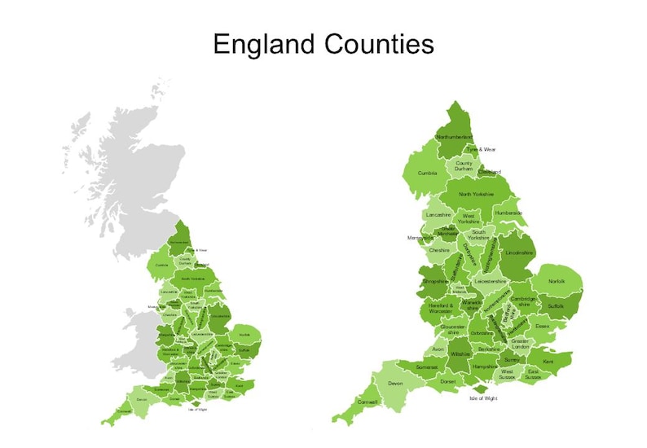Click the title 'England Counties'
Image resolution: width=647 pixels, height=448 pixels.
323,44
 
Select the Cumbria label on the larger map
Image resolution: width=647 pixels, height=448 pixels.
428,173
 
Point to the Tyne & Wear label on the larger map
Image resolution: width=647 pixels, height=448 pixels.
481,150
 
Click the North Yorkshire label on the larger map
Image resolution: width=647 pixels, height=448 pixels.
476,195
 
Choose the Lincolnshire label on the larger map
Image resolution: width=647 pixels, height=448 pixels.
519,253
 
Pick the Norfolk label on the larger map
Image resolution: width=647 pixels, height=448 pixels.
557,281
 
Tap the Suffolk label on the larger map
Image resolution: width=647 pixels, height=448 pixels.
555,306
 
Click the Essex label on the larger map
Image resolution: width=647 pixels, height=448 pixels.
543,326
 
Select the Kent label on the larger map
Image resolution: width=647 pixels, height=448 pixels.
548,361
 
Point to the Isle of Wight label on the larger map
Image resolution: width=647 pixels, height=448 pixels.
483,398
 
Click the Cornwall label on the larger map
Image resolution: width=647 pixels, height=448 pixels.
368,402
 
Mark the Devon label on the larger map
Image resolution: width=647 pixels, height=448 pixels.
396,383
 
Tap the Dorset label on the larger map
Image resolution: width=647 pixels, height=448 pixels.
447,381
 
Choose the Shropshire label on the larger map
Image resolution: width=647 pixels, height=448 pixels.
436,283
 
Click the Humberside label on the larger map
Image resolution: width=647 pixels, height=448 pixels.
508,213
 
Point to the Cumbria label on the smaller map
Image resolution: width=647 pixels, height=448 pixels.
161,265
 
